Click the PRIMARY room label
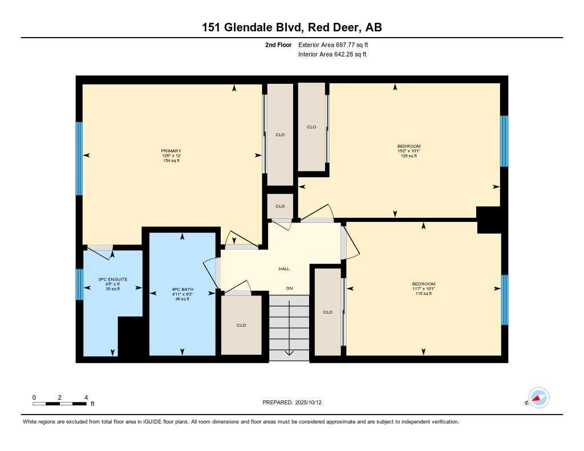click(171, 151)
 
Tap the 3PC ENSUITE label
click(113, 279)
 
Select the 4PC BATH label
click(182, 290)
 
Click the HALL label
click(284, 269)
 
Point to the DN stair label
click(289, 289)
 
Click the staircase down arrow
click(289, 328)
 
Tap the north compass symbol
click(538, 398)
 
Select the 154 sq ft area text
click(171, 161)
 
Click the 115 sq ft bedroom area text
click(424, 294)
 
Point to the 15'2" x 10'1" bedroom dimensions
click(408, 151)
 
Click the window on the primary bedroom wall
click(79, 159)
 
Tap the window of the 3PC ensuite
click(79, 285)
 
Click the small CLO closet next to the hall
click(280, 206)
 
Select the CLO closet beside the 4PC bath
click(241, 325)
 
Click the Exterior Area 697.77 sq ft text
click(333, 44)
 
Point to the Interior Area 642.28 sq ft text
click(332, 54)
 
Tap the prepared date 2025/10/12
click(309, 403)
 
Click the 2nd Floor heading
click(278, 44)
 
